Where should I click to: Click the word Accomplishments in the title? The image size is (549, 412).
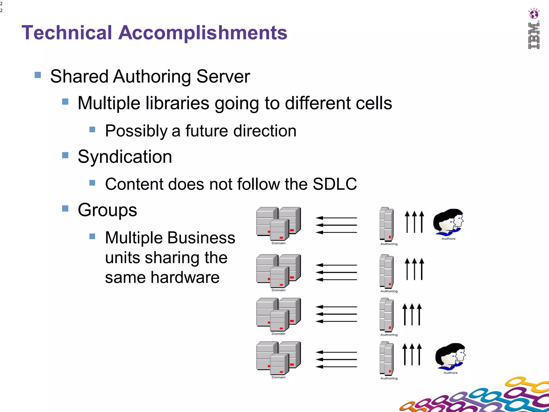pos(203,33)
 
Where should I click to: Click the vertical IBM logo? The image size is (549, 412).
pos(534,36)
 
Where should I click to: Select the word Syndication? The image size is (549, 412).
pos(125,157)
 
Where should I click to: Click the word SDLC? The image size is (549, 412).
pos(335,184)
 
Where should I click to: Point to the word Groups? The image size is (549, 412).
pos(107,210)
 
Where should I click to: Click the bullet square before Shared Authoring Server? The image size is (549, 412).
pos(38,75)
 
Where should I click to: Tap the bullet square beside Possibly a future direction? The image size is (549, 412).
pos(92,130)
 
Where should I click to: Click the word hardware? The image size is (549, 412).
pos(185,277)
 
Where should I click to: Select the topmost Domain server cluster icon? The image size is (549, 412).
pos(278,223)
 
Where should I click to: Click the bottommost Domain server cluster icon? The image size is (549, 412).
pos(278,358)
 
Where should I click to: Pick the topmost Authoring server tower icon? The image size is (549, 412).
pos(387,224)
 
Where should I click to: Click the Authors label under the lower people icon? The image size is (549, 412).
pos(450,373)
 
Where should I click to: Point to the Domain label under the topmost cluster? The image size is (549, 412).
pos(279,243)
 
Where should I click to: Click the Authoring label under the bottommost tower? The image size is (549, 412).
pos(389,378)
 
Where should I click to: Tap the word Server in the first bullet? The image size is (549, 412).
pos(223,77)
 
